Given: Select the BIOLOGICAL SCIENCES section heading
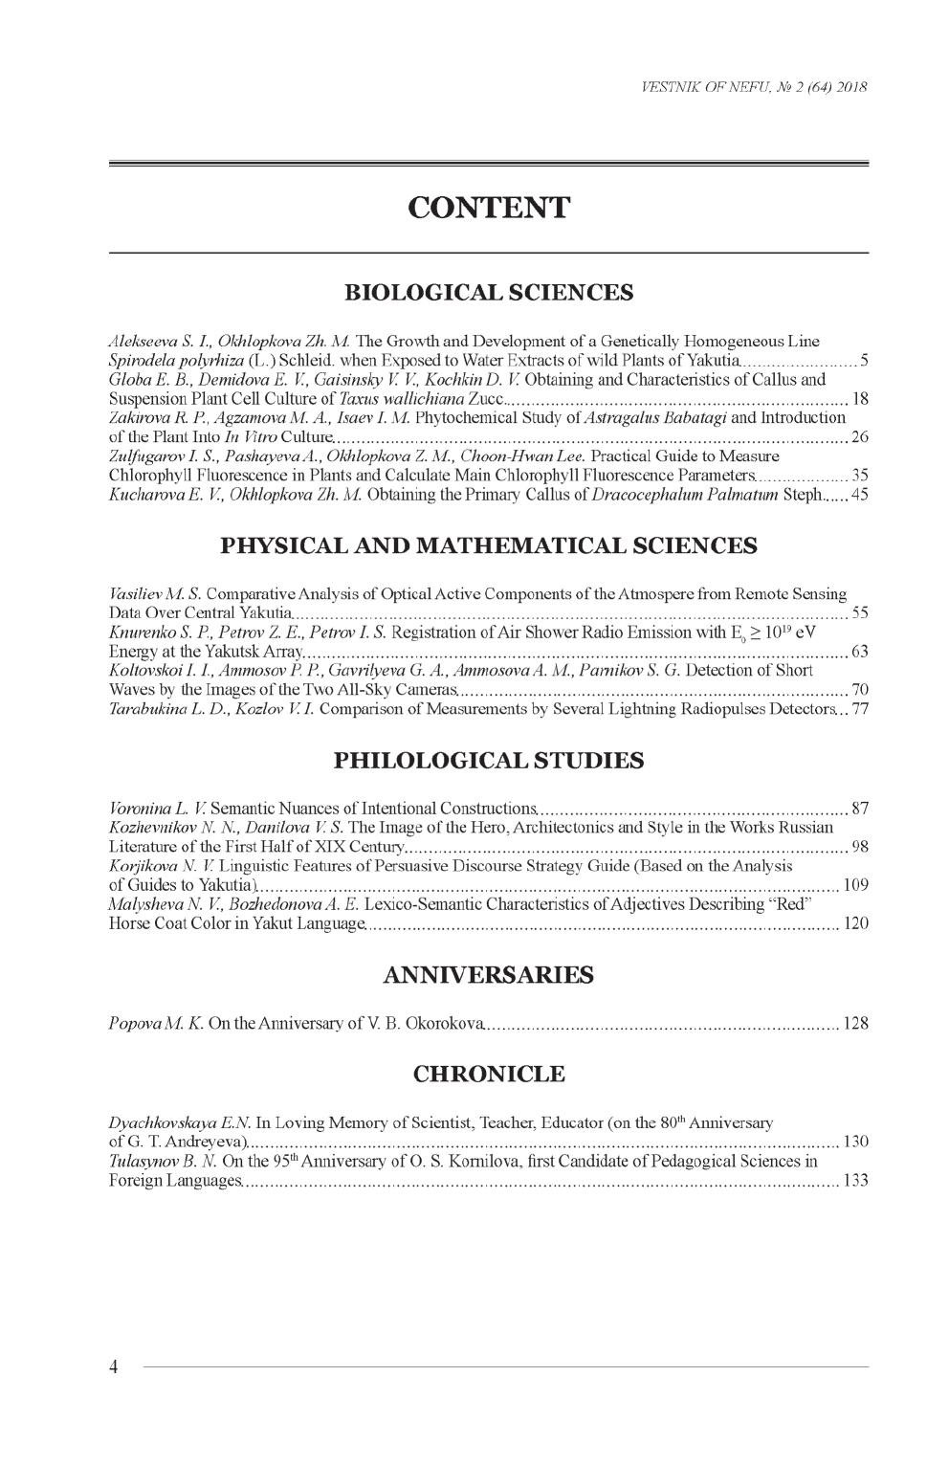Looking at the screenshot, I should pyautogui.click(x=488, y=292).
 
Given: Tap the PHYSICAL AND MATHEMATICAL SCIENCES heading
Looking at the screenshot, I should pyautogui.click(x=488, y=545).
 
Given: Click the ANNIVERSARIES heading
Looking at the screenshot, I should pyautogui.click(x=488, y=975).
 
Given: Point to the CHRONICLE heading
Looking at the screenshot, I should pyautogui.click(x=488, y=1074).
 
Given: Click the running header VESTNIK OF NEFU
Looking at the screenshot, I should pyautogui.click(x=747, y=87).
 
